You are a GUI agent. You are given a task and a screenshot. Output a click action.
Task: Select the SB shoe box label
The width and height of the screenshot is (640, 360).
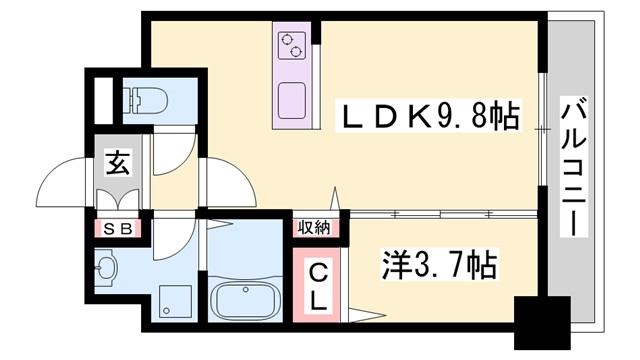[118, 229]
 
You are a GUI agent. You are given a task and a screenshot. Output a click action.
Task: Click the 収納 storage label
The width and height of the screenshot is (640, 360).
[315, 228]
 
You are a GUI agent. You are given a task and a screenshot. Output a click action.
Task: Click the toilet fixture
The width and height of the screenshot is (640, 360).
[146, 101]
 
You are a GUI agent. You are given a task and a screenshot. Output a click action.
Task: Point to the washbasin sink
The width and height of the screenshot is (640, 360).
[108, 267]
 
